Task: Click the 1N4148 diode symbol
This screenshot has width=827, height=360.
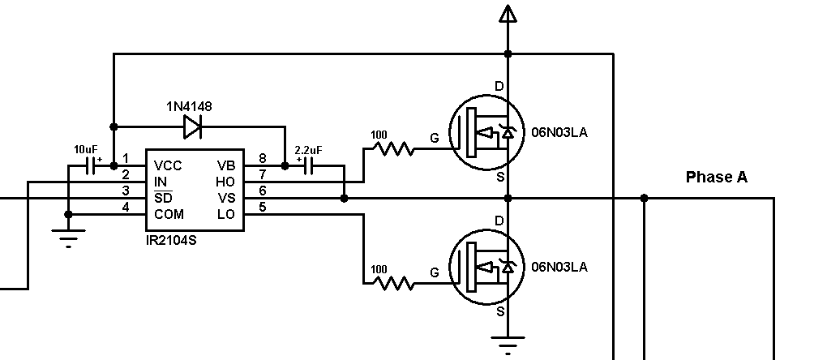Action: (192, 126)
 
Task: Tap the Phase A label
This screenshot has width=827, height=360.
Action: (716, 177)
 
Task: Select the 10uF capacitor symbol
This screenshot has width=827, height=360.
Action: (90, 165)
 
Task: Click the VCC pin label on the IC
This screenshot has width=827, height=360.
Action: (168, 165)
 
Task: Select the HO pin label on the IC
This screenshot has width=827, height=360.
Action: (225, 182)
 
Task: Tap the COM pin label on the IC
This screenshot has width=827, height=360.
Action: (169, 214)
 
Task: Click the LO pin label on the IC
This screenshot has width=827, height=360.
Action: (225, 214)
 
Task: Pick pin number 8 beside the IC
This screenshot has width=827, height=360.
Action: (262, 158)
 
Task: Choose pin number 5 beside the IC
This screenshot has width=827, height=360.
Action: (262, 207)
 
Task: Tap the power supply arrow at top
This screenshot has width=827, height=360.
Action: (508, 14)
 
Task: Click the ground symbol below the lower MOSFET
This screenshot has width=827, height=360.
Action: (508, 346)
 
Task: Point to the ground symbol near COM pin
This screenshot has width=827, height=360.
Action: (68, 238)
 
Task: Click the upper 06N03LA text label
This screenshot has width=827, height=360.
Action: (559, 132)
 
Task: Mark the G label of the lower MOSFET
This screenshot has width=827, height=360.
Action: (435, 273)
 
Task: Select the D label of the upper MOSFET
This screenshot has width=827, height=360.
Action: (499, 86)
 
